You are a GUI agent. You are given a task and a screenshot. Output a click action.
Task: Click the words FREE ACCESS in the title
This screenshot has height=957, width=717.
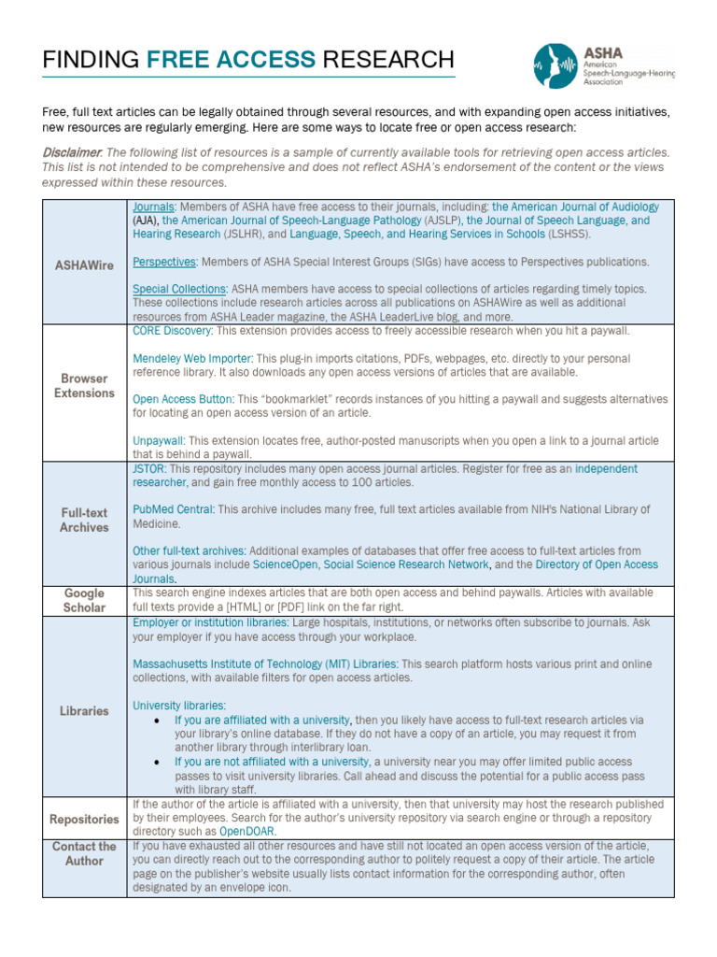point(232,60)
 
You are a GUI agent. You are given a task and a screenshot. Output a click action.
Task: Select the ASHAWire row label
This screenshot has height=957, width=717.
point(84,265)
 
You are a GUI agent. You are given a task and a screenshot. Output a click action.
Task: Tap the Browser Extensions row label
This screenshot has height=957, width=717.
point(84,386)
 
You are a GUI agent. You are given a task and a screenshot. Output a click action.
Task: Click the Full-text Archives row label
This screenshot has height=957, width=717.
point(84,520)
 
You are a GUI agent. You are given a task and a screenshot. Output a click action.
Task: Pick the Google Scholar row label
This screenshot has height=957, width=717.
point(84,600)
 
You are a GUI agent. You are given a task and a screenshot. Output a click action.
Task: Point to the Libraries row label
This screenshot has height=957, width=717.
point(84,711)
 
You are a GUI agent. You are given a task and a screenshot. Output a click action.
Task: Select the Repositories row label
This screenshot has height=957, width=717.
point(84,820)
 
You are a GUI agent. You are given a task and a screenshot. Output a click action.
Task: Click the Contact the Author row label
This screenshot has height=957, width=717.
point(84,853)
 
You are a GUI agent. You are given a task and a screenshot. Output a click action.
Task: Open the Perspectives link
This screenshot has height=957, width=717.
point(164,262)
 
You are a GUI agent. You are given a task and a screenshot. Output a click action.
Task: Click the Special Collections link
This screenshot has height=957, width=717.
point(178,290)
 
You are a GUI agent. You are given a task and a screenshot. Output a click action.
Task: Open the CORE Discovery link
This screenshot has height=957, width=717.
point(172,331)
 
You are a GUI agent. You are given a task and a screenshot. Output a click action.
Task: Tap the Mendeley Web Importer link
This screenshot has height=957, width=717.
point(192,358)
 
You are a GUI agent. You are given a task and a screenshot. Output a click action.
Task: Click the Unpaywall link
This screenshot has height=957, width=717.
point(158,440)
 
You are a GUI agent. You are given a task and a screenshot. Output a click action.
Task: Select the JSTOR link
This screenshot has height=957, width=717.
point(148,468)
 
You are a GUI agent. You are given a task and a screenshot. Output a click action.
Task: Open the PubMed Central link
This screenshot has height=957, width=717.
point(173,509)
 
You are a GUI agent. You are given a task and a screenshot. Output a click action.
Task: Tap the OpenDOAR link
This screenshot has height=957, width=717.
point(247,831)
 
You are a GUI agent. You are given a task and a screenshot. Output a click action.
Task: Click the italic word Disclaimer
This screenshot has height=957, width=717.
point(72,152)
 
